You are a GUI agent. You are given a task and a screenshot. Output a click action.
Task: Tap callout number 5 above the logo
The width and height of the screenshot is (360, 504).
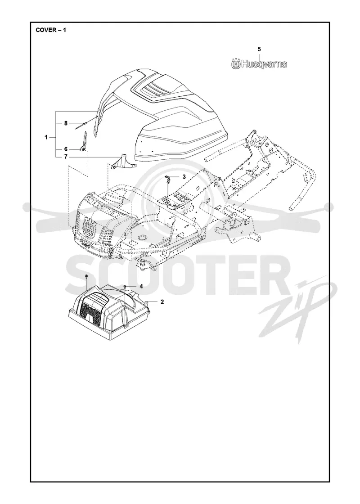259,49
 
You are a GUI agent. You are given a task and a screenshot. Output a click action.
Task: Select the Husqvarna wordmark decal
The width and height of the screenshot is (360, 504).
259,64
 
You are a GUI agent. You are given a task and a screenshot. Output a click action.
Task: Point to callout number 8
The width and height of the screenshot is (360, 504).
66,123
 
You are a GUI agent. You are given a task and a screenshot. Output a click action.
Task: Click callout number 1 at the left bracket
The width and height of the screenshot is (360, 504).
46,138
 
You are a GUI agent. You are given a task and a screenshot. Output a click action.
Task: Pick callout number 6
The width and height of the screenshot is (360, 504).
66,149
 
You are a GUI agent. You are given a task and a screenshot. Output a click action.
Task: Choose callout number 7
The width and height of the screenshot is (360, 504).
66,157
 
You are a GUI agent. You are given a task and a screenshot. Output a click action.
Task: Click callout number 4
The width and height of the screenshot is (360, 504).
141,286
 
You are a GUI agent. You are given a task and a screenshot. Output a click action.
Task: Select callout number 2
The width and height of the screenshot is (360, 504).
162,302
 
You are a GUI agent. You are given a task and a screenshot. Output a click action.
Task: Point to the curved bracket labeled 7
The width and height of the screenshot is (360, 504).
122,162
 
